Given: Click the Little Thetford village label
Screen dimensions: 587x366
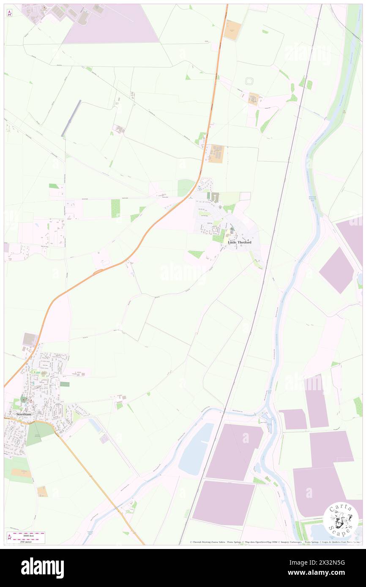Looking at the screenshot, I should tap(239, 242).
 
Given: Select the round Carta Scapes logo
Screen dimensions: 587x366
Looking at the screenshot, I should tap(341, 520).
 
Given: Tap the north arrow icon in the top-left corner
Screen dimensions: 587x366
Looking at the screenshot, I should tap(9, 13).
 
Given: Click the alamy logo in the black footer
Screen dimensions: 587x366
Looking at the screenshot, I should tap(42, 568).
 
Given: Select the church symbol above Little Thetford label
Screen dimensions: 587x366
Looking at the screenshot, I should tap(231, 229).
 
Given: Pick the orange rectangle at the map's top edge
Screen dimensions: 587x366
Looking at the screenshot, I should tap(232, 30).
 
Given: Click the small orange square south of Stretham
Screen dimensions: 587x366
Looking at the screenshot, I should tap(42, 491).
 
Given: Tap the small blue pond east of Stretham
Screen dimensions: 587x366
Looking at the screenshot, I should tap(96, 425).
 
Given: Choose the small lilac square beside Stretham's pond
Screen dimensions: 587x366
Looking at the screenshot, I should tap(104, 439).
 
